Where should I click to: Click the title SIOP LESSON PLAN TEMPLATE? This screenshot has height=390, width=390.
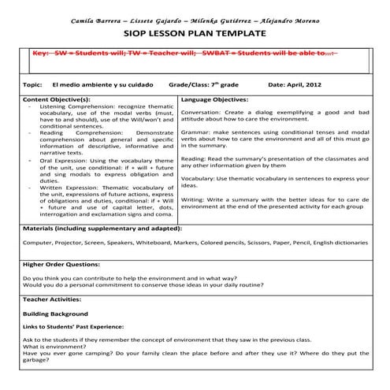tap(195, 35)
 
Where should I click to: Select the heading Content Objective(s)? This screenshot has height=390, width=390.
tap(57, 101)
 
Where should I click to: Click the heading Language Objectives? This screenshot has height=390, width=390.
tap(214, 101)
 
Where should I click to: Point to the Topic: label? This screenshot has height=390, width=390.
tap(32, 84)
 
